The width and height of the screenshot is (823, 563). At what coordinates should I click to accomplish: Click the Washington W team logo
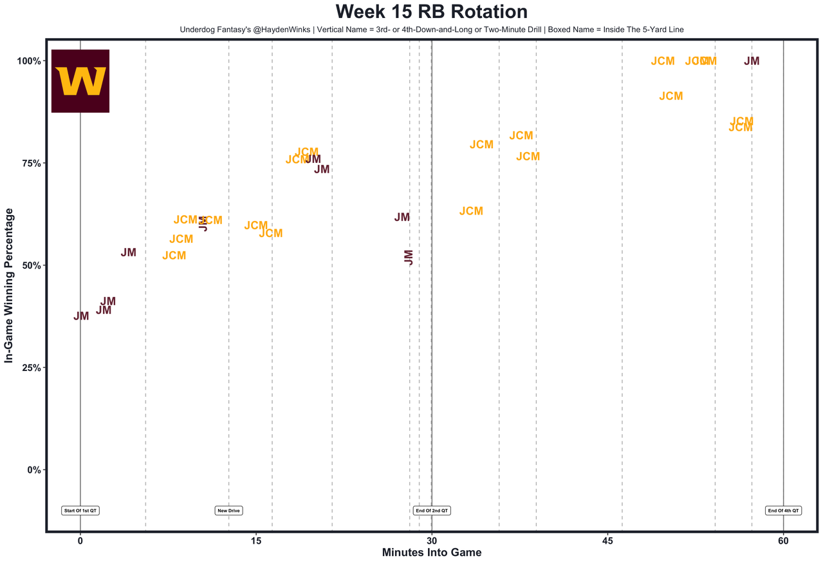point(80,81)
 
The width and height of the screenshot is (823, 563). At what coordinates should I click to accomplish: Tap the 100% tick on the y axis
point(28,61)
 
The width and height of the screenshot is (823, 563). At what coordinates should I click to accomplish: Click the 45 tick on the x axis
point(607,541)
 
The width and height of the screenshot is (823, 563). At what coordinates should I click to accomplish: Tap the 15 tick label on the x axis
point(255,541)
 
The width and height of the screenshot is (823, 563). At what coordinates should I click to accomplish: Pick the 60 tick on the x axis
point(783,541)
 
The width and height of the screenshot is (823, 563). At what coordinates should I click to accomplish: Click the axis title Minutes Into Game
point(431,553)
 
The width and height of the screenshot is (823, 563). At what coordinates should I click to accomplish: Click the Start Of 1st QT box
point(80,511)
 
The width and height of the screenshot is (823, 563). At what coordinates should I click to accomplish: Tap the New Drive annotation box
point(228,511)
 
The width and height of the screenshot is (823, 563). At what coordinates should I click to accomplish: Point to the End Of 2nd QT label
point(432,511)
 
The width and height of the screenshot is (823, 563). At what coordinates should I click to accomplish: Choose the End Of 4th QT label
point(783,511)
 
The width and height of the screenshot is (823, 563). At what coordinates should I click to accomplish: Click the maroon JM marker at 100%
point(752,61)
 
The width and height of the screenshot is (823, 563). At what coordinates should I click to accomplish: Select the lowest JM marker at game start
point(81,316)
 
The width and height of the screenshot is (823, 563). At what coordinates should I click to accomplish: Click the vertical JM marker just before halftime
point(408,258)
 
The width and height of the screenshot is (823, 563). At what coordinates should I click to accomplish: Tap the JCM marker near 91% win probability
point(670,96)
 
